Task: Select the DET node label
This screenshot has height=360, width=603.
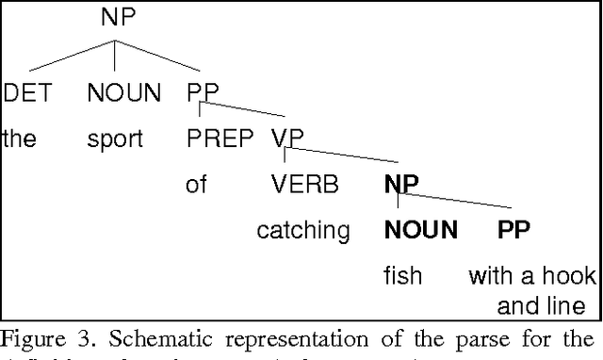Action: click(x=26, y=93)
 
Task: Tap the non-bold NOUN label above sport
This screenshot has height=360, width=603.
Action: click(x=123, y=93)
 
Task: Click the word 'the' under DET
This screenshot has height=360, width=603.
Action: click(x=18, y=139)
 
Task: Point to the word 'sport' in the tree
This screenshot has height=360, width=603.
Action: click(x=114, y=139)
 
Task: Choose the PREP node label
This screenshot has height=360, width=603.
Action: click(x=220, y=139)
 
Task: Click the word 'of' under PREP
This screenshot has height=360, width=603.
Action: click(x=196, y=184)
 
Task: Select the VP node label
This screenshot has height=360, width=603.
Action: click(x=287, y=139)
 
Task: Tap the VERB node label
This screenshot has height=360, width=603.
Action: click(x=304, y=184)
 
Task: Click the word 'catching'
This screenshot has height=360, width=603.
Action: click(x=303, y=230)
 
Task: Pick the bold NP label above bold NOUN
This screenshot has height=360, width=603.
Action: click(x=401, y=184)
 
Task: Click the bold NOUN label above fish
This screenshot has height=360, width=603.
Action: click(x=420, y=229)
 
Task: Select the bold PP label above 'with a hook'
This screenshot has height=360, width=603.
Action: click(x=513, y=229)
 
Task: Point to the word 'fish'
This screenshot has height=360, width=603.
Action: click(x=402, y=276)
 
